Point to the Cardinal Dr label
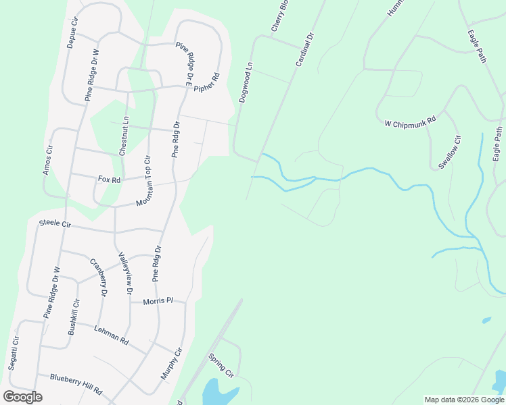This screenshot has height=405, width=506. click(305, 49)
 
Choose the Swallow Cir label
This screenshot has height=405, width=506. click(449, 152)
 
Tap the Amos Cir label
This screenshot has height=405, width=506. click(48, 161)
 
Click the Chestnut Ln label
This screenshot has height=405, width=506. click(123, 136)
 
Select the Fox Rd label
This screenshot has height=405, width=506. click(109, 180)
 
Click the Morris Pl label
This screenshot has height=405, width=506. click(158, 301)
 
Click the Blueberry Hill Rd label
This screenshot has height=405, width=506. click(76, 385)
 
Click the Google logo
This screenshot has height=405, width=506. click(22, 397)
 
